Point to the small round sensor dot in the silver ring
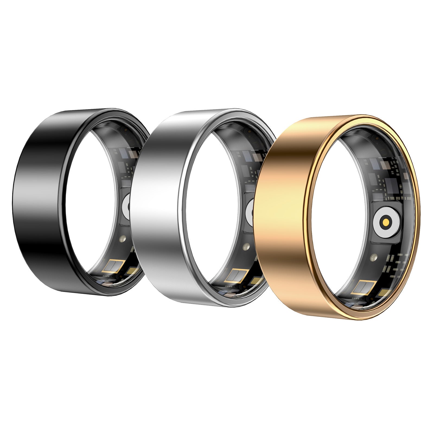pos(246,246)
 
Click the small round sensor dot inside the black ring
pos(122,239)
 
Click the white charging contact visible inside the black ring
pos(126,207)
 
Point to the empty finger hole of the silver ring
pos(212,206)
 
